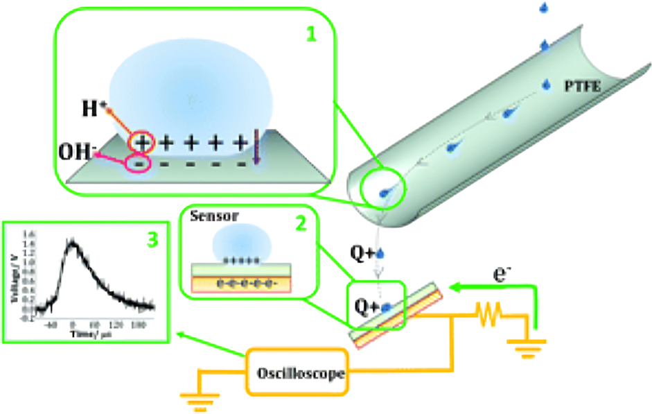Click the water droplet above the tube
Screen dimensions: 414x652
point(543,8)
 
